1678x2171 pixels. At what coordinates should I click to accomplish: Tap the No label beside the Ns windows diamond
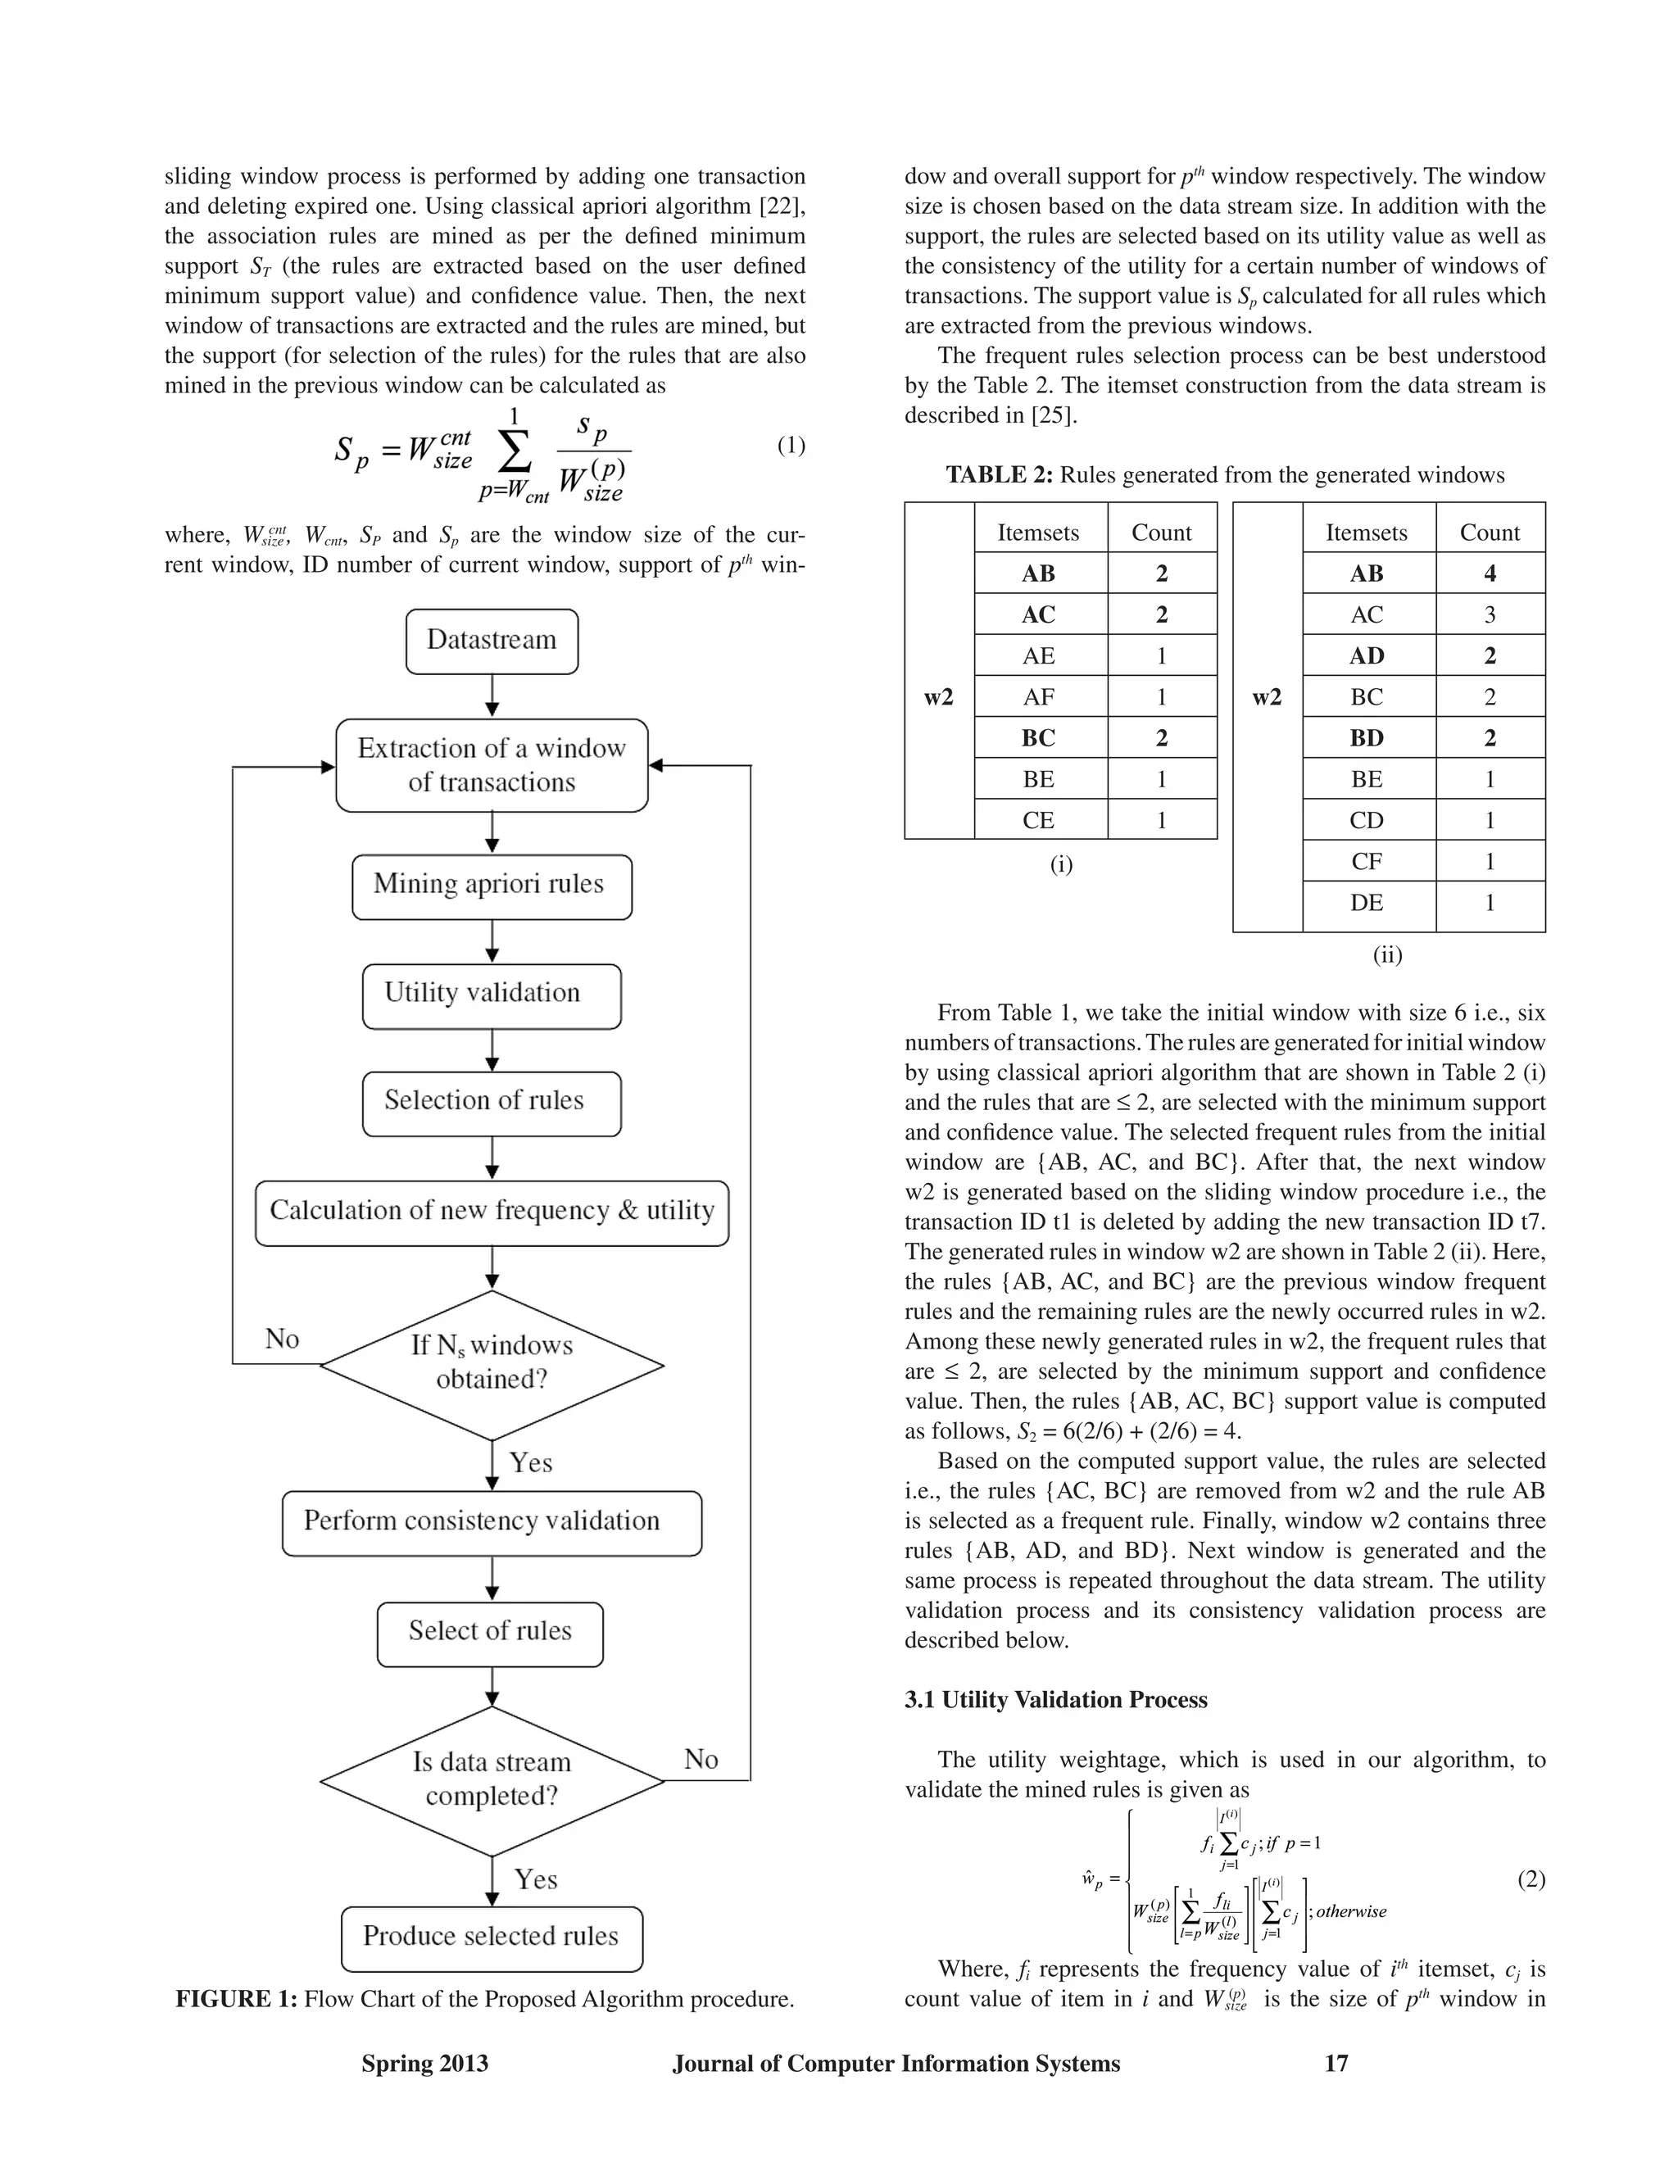283,1339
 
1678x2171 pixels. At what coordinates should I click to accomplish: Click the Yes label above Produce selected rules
535,1879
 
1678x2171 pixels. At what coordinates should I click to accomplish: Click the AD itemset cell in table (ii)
1367,656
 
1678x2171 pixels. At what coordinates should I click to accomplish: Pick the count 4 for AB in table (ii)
1489,573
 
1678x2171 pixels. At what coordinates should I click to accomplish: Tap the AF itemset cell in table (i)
1039,697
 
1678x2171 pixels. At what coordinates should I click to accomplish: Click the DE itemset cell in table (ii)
1367,903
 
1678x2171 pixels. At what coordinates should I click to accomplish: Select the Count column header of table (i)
1161,533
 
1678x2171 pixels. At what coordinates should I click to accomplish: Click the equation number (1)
791,446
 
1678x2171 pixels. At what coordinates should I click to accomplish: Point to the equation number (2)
1531,1879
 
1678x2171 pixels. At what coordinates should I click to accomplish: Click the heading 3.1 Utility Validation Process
1055,1700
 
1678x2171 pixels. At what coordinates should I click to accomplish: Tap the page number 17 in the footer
1336,2064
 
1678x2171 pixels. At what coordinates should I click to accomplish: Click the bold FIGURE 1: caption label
236,1999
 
